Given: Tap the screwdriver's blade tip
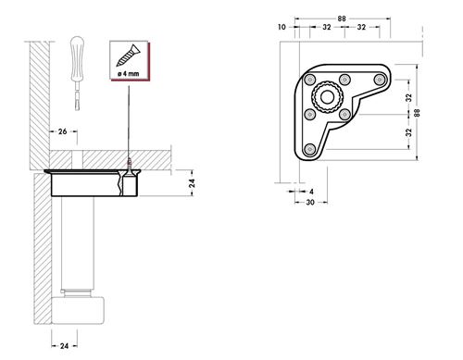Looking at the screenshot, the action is click(x=77, y=109).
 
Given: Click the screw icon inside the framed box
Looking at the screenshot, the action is click(x=128, y=56).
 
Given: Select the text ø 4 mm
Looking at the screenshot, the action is click(x=129, y=74).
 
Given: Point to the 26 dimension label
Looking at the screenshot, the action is click(x=63, y=131).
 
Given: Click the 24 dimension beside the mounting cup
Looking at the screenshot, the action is click(x=192, y=183).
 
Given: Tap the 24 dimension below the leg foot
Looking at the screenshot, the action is click(x=64, y=346).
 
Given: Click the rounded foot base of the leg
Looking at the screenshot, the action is click(x=78, y=310).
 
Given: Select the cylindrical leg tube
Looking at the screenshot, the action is click(x=77, y=243).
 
